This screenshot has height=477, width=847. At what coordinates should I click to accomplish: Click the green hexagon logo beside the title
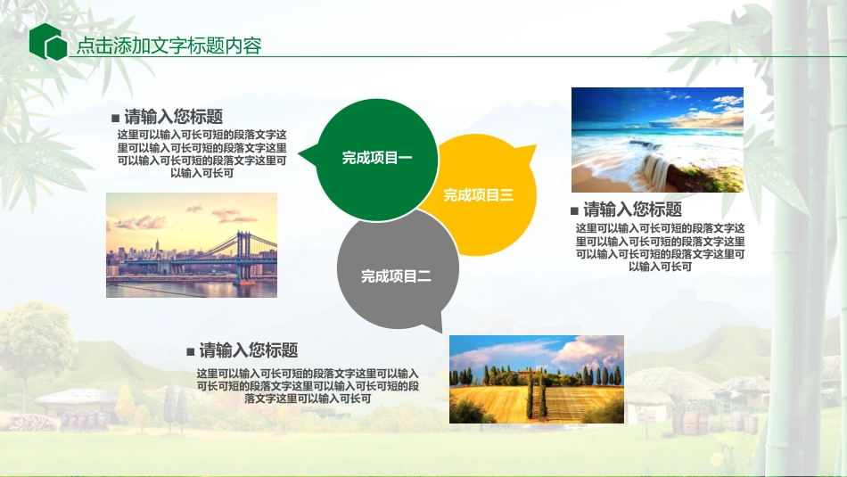tap(48, 42)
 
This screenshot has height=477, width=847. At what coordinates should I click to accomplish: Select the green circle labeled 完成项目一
tap(377, 158)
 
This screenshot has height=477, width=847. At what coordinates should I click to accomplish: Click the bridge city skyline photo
tap(191, 245)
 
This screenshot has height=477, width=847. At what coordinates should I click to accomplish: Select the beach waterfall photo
tap(657, 139)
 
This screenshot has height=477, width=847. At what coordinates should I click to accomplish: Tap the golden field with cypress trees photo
tap(536, 379)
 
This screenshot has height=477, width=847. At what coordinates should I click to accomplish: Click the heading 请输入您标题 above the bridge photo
tap(173, 117)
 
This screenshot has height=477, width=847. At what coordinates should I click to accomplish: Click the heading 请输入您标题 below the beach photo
tap(632, 210)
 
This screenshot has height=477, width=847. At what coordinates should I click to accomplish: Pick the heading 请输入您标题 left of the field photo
tap(249, 350)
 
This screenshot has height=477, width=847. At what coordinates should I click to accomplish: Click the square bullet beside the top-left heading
tap(115, 118)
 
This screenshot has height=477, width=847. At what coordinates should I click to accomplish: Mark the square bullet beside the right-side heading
tap(574, 211)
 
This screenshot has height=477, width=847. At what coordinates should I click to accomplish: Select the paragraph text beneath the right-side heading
tap(660, 247)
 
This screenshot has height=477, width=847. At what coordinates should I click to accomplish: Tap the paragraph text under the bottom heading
tap(308, 386)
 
